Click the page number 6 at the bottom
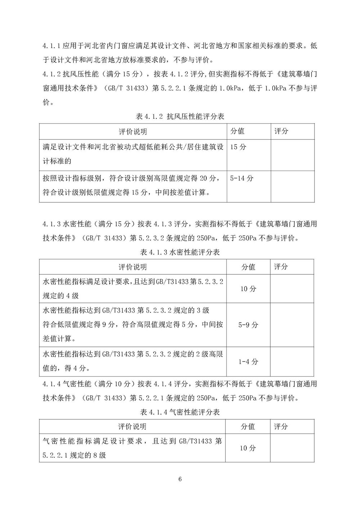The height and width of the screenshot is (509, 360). pos(180,479)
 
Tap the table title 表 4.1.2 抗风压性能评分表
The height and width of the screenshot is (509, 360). pos(180,117)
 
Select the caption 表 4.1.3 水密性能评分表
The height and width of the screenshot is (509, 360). pos(180,252)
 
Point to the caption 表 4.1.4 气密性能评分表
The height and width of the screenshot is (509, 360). pos(180,412)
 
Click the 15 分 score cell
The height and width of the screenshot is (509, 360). pos(238,147)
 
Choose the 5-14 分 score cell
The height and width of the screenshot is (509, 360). pos(242,178)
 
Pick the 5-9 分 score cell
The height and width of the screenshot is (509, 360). pos(248,325)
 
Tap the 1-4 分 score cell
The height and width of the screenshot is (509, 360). pos(248,362)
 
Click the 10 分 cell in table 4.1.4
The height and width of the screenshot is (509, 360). pos(248,448)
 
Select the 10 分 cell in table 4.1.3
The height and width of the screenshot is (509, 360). pos(248,289)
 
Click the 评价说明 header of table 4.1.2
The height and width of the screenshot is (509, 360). pos(133,132)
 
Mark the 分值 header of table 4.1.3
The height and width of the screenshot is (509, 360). pos(248,267)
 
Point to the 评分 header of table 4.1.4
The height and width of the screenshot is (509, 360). pos(281,427)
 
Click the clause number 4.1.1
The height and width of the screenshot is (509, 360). pos(51,46)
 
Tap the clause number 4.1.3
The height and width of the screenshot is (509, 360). pos(51,224)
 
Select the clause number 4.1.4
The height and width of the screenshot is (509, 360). pos(51,384)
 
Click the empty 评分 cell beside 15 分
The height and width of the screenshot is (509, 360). pos(292,155)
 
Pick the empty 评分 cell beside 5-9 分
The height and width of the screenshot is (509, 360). pos(292,325)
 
